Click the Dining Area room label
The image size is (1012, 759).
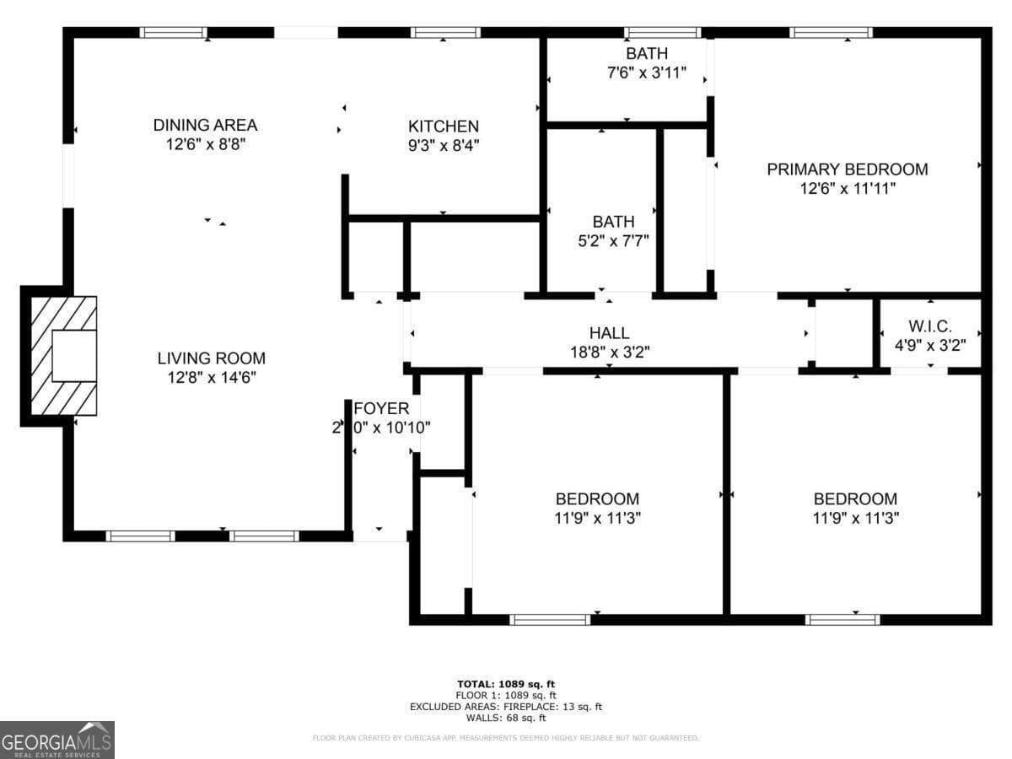click(x=205, y=125)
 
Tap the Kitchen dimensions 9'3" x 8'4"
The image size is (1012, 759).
click(x=443, y=145)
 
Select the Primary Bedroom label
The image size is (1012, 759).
click(x=847, y=169)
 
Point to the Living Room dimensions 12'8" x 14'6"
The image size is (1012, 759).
click(x=211, y=377)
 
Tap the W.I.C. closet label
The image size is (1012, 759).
click(x=929, y=326)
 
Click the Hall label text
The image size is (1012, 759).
click(x=609, y=333)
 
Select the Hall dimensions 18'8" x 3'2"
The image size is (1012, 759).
click(x=609, y=352)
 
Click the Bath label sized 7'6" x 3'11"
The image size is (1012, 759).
click(x=647, y=54)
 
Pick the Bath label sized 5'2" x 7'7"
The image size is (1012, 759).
click(x=613, y=222)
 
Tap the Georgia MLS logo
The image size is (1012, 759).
click(x=57, y=740)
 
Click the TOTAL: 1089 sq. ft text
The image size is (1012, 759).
click(x=506, y=683)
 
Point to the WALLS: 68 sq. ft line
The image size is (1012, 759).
click(x=506, y=719)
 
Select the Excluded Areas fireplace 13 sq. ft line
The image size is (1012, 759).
click(x=506, y=707)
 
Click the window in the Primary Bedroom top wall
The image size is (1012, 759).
click(x=831, y=33)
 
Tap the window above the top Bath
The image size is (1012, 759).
click(x=662, y=33)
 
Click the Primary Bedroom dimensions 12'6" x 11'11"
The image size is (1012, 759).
click(x=847, y=189)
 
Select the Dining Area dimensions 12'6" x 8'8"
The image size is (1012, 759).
click(x=205, y=144)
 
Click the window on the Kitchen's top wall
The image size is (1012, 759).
click(x=445, y=33)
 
